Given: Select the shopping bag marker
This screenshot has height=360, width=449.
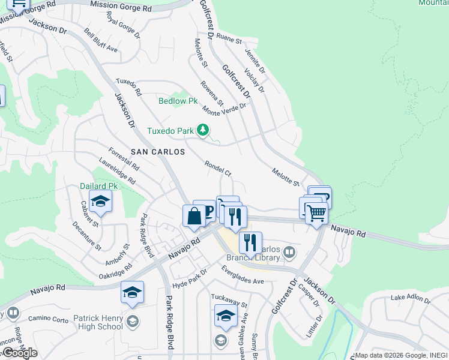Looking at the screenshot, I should (194, 216).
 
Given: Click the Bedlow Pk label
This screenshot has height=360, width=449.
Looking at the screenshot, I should (178, 101).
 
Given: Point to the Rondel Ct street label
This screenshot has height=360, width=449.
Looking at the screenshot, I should (218, 167).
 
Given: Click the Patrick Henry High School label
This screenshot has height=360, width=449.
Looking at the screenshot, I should (98, 323).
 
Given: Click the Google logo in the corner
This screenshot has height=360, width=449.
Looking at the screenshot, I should (20, 353).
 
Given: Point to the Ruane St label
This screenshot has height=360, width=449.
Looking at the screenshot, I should (229, 39).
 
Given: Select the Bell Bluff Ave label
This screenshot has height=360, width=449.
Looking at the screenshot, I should (100, 40).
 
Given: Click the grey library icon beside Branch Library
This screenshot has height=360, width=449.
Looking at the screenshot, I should (289, 252).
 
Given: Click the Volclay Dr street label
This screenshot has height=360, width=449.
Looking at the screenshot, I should (254, 80).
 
